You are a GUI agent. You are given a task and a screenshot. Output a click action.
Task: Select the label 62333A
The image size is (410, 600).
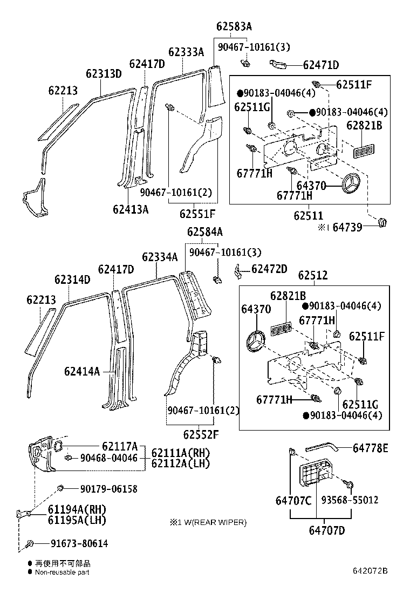pos(186,52)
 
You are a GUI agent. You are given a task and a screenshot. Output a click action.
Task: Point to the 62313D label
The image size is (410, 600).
pos(104,74)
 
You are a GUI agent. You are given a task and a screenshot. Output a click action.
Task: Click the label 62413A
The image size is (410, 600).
pos(131,209)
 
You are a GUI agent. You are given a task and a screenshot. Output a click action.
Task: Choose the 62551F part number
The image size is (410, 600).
pos(197,214)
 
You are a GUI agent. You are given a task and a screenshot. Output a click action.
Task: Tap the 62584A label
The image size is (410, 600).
pos(205,232)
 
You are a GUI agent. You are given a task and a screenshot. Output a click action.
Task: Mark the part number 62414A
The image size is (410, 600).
pos(82,371)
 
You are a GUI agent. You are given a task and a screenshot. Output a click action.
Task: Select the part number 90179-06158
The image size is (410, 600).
pos(108,489)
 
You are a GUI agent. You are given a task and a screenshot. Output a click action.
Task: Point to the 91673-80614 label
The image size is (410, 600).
pos(79,544)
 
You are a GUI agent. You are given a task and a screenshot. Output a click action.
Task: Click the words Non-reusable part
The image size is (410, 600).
pos(62,572)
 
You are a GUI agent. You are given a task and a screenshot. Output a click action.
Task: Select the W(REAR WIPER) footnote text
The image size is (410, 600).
pos(213,522)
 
